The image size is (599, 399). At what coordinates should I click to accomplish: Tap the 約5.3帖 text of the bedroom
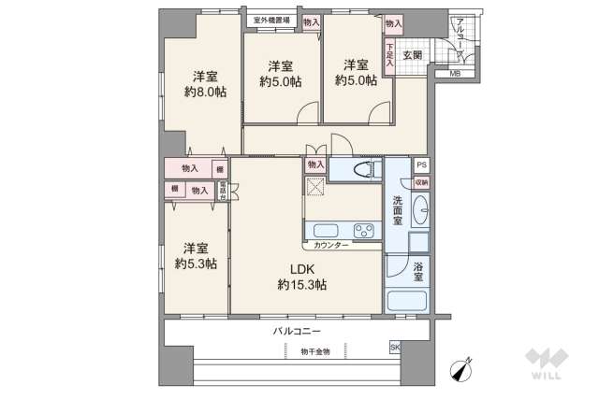pos(195,264)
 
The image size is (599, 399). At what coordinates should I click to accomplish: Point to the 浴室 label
pos(419,272)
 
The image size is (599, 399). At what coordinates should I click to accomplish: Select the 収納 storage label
pos(422,182)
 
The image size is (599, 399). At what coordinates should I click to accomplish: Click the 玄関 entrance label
pos(413,55)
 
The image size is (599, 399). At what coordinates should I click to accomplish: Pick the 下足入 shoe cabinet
pos(389,55)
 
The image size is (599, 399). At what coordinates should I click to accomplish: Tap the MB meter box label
pos(455,74)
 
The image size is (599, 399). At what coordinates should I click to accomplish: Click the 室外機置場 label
pos(271,20)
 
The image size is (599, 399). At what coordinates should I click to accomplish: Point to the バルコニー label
pos(298,332)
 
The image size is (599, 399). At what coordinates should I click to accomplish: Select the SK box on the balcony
pos(394,349)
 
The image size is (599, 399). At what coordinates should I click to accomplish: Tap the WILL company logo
pos(544,363)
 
